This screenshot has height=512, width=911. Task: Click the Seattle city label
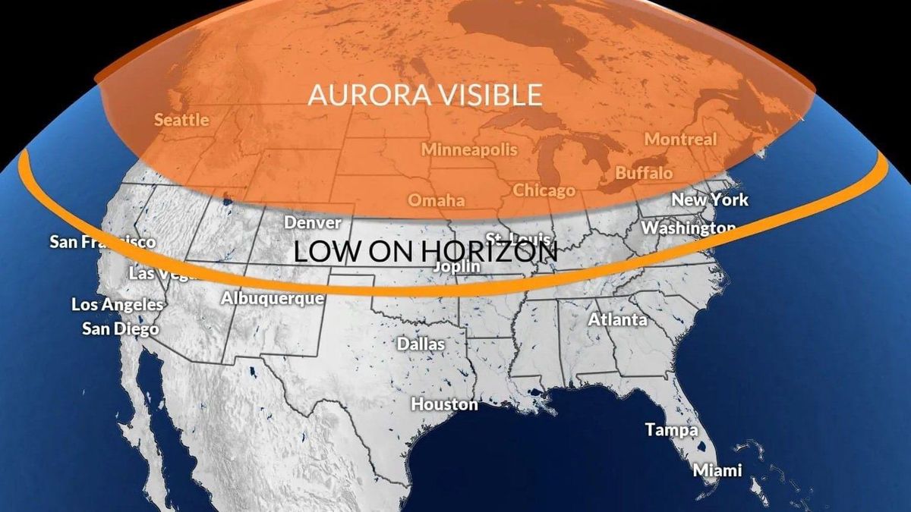(181, 120)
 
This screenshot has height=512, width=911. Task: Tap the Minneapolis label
(469, 149)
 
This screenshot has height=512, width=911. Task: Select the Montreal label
(680, 140)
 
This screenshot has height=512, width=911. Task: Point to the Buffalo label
(644, 173)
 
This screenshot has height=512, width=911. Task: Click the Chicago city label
(544, 190)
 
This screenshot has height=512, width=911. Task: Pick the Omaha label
(437, 201)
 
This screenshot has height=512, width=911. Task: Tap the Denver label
(312, 223)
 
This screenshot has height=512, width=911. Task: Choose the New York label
(710, 200)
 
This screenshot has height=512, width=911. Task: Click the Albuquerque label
(273, 298)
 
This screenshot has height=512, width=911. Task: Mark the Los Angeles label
(118, 305)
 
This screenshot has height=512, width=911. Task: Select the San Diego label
(121, 329)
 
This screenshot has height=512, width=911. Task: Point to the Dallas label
(421, 344)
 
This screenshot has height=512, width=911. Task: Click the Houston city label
(445, 404)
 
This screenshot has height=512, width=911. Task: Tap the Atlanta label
(618, 320)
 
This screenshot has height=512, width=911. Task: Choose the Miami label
(717, 470)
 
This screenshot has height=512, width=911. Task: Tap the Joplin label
(456, 267)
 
